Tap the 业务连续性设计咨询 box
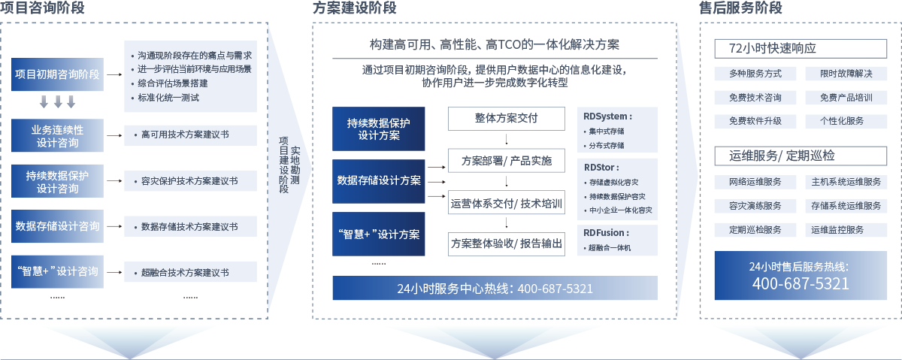pos(57,136)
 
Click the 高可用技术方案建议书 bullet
pos(185,136)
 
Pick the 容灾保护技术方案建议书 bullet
pos(189,181)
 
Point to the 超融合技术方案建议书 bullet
pos(185,272)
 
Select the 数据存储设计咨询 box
pos(57,226)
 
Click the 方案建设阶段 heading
pos(355,8)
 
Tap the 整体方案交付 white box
pos(506,119)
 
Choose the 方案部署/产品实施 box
pos(506,161)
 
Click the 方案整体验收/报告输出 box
pos(506,244)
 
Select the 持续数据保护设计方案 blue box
pos(378,129)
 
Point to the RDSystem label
pos(608,116)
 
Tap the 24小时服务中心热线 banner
pos(495,289)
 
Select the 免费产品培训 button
pos(836,98)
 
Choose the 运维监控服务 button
pos(836,229)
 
